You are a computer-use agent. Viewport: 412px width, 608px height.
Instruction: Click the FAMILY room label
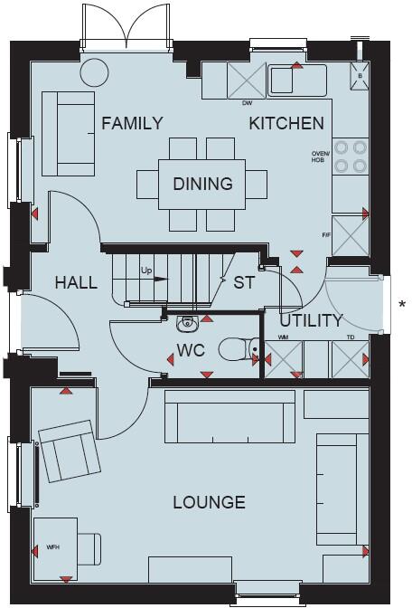(x=132, y=124)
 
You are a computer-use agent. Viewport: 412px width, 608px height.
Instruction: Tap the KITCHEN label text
(x=286, y=124)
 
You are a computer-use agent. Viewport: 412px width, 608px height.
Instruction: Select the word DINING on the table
(x=202, y=184)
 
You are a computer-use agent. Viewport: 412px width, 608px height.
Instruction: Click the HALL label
(x=76, y=282)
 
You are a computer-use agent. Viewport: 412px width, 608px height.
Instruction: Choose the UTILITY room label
(x=311, y=320)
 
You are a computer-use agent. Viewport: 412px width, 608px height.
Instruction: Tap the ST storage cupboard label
(x=244, y=282)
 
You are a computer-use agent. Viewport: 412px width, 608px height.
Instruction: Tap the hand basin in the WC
(x=188, y=321)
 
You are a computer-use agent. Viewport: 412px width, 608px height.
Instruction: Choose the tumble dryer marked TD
(x=348, y=359)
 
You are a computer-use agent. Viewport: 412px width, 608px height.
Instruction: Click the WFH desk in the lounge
(x=56, y=548)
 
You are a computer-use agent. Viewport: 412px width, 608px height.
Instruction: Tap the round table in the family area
(x=93, y=71)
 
